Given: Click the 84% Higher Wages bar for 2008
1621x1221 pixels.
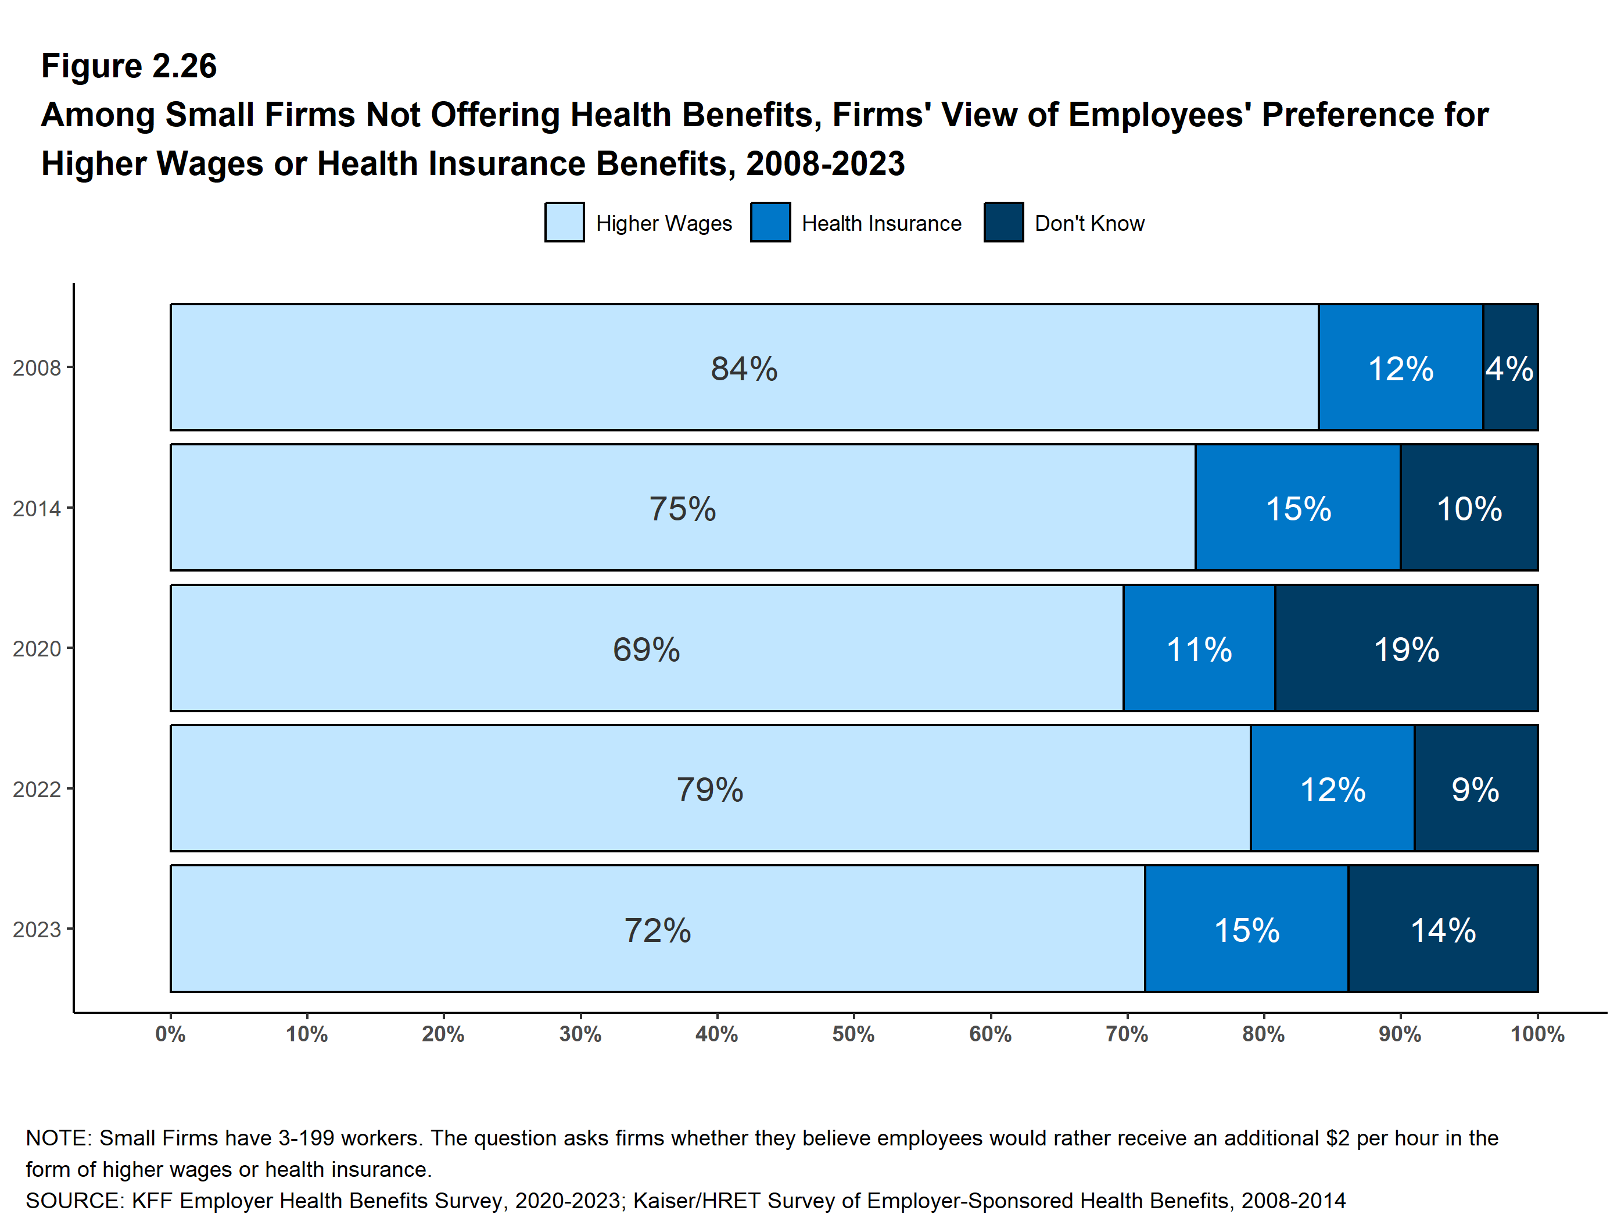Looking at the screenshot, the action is [744, 367].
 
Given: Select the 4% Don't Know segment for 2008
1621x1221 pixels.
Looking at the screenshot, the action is [1511, 367].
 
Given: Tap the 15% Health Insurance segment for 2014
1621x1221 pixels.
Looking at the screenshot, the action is [1298, 508].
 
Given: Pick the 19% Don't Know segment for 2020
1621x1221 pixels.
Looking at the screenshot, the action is [1406, 648].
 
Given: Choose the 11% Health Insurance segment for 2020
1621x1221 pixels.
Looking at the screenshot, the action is [1199, 648].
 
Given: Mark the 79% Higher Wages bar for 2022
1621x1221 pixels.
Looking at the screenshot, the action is [711, 788].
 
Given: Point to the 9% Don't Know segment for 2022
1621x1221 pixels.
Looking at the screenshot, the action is [1476, 788].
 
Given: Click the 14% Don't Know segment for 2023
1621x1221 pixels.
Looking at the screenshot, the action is [1443, 929].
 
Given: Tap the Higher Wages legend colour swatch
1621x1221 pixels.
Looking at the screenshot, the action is [564, 222].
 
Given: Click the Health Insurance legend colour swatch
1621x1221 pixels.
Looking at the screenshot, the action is [770, 222].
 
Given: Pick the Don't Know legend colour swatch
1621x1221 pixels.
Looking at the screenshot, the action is [1003, 222].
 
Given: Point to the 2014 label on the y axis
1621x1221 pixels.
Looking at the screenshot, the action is [37, 508].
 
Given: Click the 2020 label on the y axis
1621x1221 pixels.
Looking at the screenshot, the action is [37, 649].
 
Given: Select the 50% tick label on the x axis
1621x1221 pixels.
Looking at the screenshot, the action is [853, 1035].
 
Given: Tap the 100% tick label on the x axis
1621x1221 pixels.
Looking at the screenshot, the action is [1537, 1035].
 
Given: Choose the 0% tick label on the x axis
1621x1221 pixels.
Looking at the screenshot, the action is [171, 1035].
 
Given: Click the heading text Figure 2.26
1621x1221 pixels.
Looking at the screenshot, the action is [129, 66].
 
